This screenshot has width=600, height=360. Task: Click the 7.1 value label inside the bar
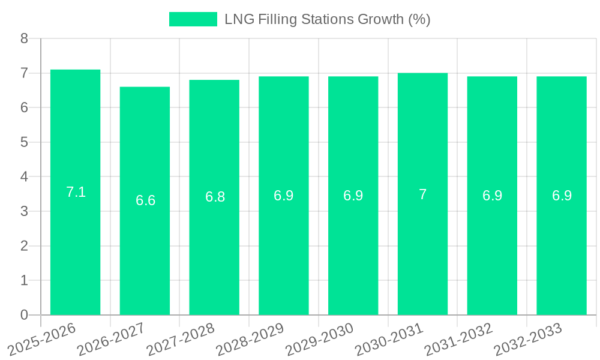click(x=76, y=192)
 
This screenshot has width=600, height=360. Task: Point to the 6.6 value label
click(x=145, y=200)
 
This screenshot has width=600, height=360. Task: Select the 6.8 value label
click(x=215, y=197)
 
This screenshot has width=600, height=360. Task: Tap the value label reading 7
click(x=422, y=194)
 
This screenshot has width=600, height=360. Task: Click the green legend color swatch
click(x=193, y=19)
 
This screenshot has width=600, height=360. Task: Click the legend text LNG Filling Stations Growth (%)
click(x=327, y=19)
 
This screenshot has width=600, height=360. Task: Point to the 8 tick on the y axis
click(x=24, y=38)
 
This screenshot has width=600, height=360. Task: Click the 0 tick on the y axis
click(x=24, y=315)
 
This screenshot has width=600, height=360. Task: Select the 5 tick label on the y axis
click(x=24, y=142)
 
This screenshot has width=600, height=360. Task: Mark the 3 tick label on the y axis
click(x=24, y=211)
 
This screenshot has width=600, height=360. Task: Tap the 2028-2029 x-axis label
click(x=250, y=339)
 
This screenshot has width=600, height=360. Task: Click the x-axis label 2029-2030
click(x=320, y=339)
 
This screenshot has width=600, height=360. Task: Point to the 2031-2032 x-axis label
click(x=459, y=339)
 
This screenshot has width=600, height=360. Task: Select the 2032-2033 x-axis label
click(x=528, y=339)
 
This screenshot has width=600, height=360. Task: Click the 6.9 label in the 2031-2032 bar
click(x=492, y=196)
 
